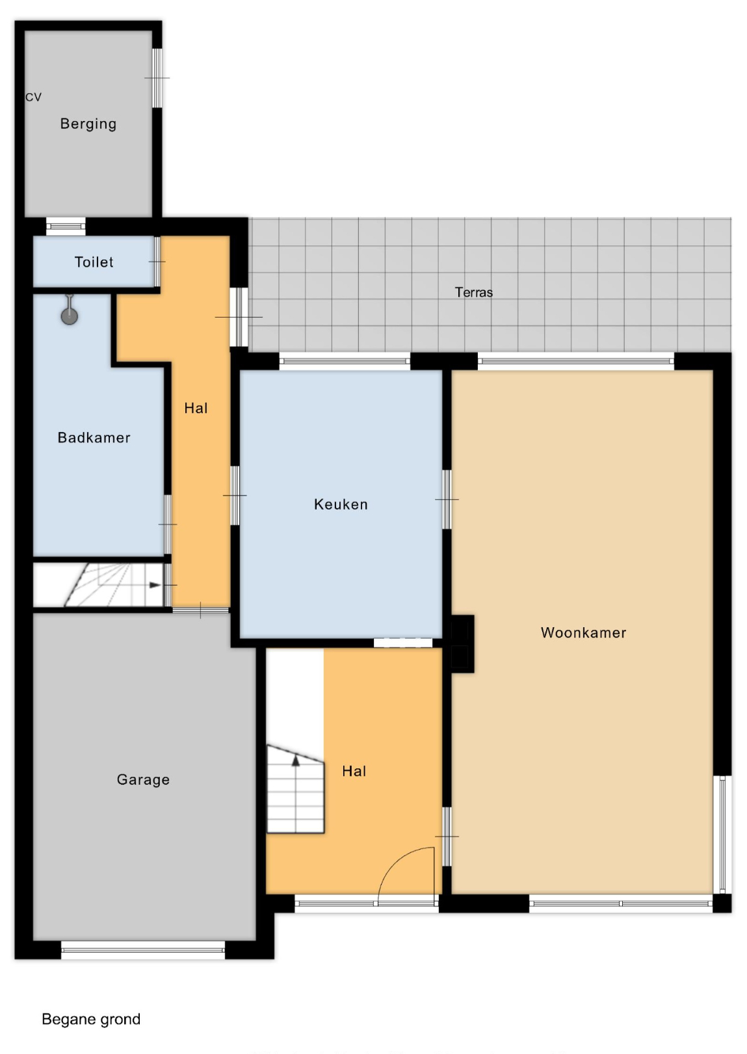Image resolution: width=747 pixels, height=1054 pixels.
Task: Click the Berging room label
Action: pos(88,124)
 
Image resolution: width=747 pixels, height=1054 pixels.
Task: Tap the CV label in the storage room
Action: pos(33,97)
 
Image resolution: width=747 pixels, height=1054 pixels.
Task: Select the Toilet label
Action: pos(94,262)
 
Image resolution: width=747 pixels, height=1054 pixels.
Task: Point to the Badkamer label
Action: pos(94,438)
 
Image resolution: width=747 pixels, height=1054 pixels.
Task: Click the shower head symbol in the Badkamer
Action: pos(69,312)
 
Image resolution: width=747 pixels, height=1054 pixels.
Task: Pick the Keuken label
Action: pos(341,504)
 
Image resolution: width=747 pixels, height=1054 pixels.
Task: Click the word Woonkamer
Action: pos(583,632)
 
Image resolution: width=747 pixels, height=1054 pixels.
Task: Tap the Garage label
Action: pos(144,779)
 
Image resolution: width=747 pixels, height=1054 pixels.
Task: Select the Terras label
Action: pos(474,292)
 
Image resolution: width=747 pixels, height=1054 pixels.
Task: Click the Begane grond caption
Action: pos(91,1019)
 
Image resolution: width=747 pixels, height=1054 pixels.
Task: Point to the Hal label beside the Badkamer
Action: pos(196,408)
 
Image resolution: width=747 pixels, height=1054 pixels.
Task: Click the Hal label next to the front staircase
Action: pos(354,771)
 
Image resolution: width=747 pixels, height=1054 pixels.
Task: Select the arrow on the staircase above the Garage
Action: pos(155,585)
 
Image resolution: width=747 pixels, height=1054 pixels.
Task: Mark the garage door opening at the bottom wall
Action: pos(143,950)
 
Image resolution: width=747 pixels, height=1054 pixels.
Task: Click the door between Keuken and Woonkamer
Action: pos(447,499)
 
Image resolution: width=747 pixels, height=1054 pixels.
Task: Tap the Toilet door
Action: pos(157,261)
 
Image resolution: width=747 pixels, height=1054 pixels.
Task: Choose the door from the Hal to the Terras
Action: pos(239,317)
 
